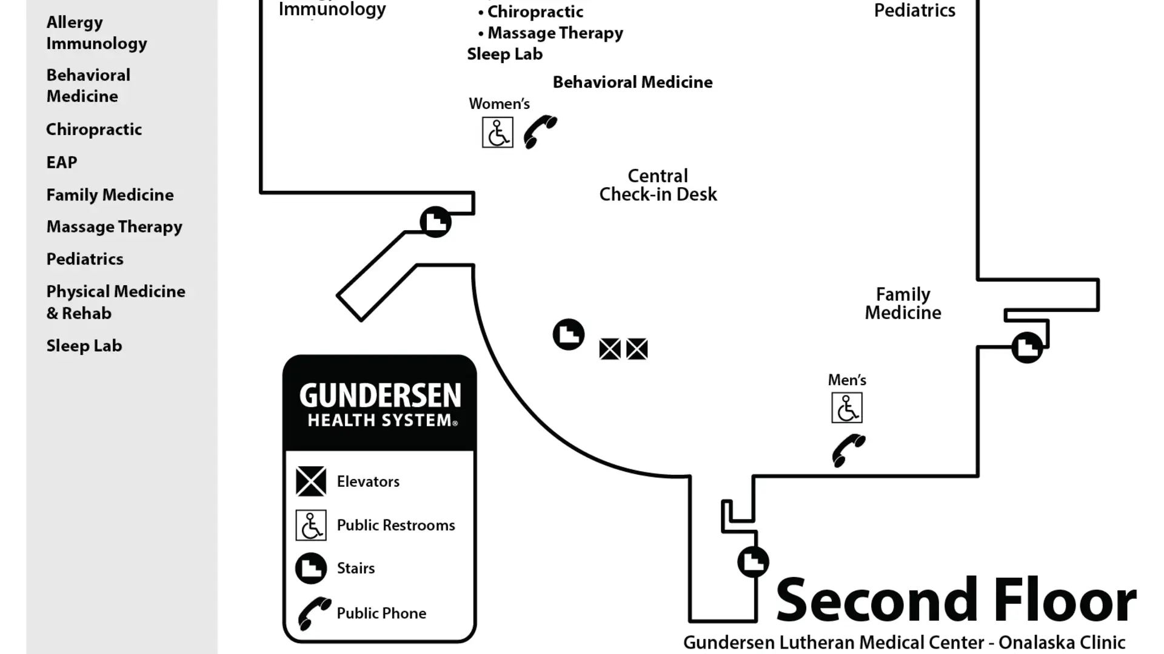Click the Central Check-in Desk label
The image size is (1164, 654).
658,185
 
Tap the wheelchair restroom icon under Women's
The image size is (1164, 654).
497,133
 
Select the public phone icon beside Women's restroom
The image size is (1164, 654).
540,131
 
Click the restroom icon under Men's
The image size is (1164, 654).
846,408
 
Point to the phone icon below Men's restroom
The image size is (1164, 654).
848,451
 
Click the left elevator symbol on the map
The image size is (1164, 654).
610,349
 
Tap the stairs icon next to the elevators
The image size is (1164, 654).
568,334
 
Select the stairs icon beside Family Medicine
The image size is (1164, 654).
1027,348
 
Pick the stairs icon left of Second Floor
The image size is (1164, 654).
753,561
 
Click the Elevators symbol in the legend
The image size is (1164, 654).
311,481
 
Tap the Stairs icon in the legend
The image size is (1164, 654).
311,568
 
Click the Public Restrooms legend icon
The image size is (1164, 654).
311,525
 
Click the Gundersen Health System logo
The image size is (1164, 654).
380,403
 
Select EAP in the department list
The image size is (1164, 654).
62,162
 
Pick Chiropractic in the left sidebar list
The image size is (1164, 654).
94,130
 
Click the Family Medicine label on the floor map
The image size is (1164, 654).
903,303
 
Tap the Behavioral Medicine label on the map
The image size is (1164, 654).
632,82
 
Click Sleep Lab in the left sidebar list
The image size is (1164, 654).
84,346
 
